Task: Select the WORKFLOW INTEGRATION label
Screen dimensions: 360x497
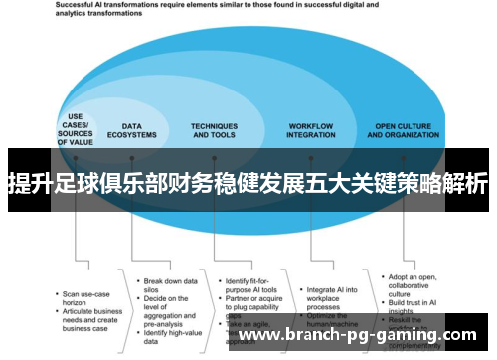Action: point(310,131)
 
